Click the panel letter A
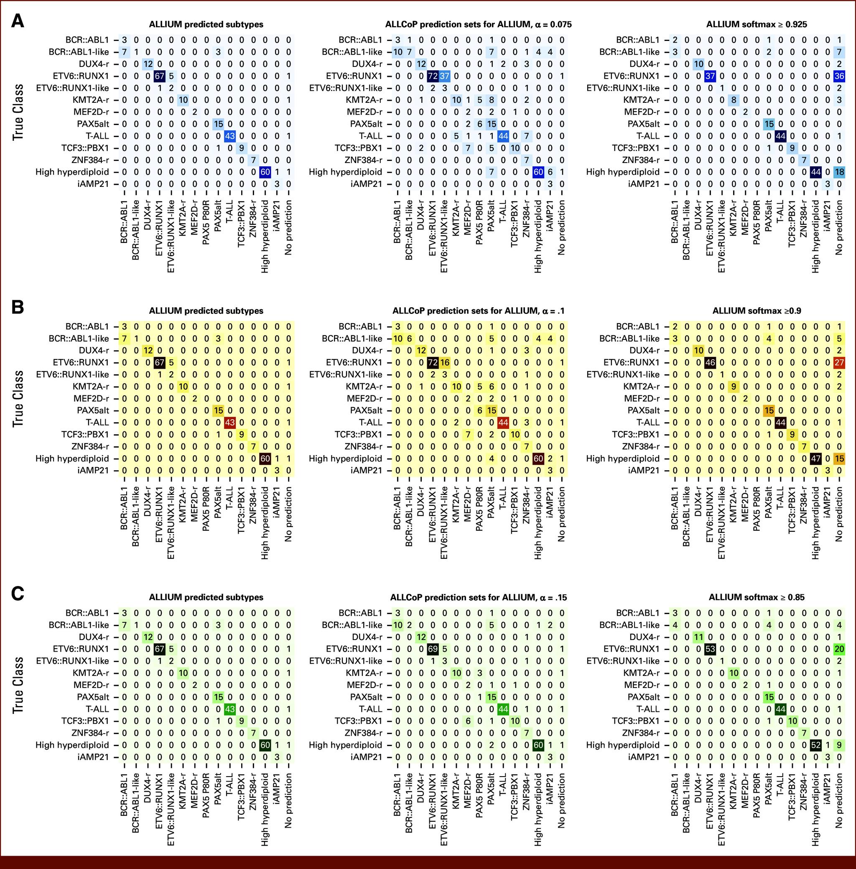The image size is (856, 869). tap(17, 21)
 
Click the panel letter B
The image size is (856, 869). tap(17, 308)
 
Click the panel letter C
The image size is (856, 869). tap(17, 594)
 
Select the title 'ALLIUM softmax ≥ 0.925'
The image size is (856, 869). tap(756, 24)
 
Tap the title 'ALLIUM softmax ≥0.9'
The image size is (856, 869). tap(756, 311)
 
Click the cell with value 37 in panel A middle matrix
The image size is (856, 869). tap(444, 76)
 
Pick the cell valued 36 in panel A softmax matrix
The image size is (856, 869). tap(839, 76)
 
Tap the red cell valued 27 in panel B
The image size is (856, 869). tap(839, 363)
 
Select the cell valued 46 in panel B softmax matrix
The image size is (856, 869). tap(710, 363)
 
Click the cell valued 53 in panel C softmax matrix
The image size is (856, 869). tap(710, 649)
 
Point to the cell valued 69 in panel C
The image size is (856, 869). tap(433, 649)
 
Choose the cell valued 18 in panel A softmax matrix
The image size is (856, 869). tap(839, 172)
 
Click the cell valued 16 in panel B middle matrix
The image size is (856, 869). tap(444, 363)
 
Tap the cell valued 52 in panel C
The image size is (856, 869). tap(815, 745)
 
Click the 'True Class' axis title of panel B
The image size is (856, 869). tap(18, 398)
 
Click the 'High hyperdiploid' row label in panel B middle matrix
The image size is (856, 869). tap(345, 459)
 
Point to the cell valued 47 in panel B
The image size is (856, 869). tap(815, 459)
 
